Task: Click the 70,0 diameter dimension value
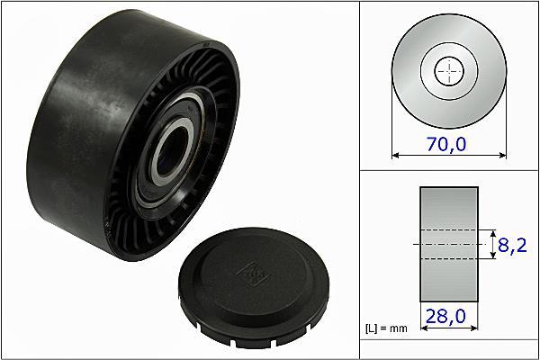(x=446, y=144)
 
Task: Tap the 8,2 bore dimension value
(x=512, y=246)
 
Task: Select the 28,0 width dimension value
(x=445, y=316)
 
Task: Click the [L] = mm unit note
(x=386, y=328)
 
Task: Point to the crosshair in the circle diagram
(x=449, y=71)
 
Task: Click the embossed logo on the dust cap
(x=253, y=274)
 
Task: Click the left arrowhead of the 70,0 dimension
(x=395, y=156)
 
